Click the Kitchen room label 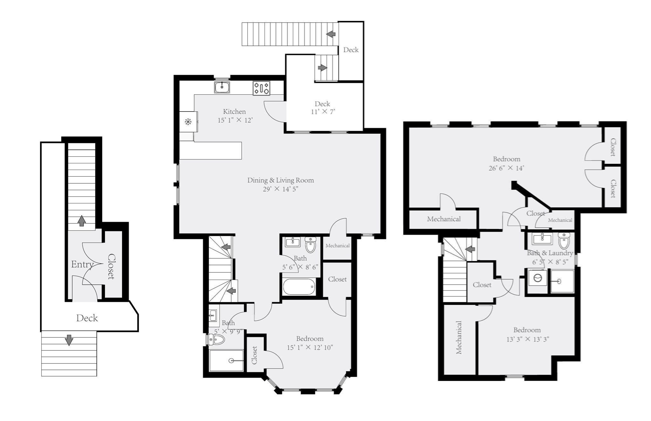[x=234, y=112]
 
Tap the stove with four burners [x=261, y=88]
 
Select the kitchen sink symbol [x=222, y=87]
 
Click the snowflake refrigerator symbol [x=188, y=121]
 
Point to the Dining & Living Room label [x=280, y=180]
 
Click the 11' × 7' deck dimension [x=323, y=112]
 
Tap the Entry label [x=82, y=264]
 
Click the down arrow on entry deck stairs [x=69, y=340]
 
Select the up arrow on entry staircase [x=82, y=221]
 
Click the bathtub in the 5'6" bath [x=299, y=287]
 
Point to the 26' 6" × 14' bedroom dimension [x=506, y=168]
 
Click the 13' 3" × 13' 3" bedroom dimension [x=527, y=339]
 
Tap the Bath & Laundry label [x=550, y=253]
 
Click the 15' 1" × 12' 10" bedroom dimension [x=310, y=348]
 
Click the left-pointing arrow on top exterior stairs [x=331, y=34]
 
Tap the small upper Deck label [x=351, y=50]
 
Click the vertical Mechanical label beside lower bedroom [x=459, y=337]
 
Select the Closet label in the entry [x=111, y=266]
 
